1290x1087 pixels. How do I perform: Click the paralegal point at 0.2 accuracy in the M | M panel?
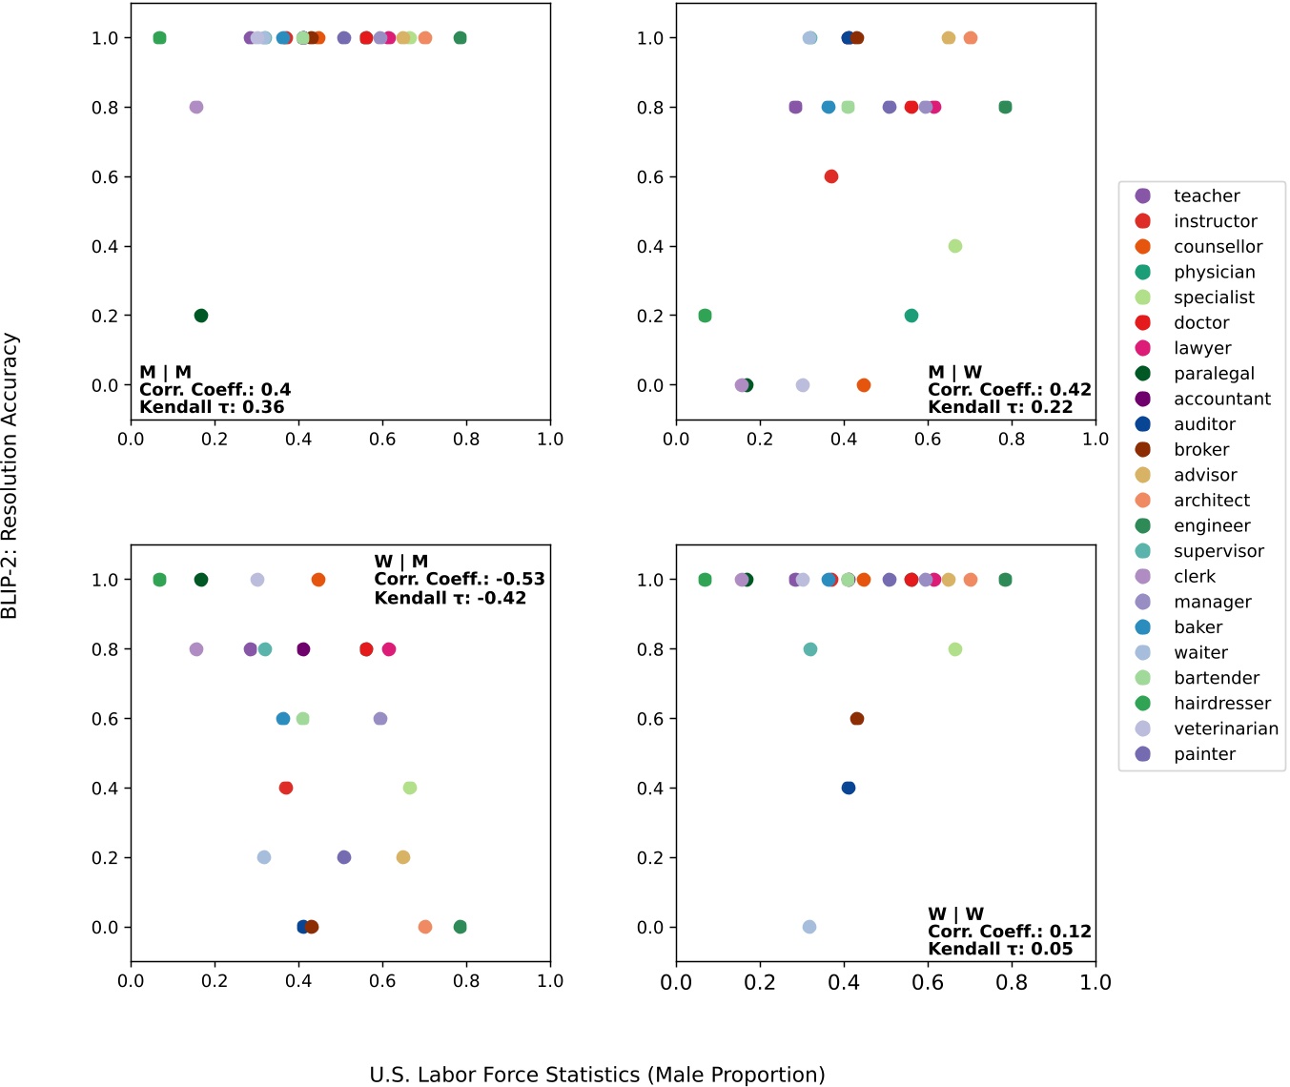[200, 316]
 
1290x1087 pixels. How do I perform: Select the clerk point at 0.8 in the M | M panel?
[196, 107]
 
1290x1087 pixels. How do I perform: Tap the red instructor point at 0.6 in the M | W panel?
[831, 176]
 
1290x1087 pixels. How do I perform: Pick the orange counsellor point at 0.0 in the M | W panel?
[864, 385]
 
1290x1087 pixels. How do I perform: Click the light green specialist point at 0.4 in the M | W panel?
[955, 246]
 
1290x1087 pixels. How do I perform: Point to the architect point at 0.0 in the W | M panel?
[425, 927]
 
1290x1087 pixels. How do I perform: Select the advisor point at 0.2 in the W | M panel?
[403, 857]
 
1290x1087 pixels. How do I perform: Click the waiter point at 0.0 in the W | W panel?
[809, 927]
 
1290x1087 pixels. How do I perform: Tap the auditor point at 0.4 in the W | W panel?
[849, 788]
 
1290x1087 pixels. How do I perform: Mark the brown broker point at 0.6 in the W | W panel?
[857, 719]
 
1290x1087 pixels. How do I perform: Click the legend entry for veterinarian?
[1225, 728]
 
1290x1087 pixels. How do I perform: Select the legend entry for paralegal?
[1214, 374]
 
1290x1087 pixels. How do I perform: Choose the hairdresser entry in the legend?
[1221, 704]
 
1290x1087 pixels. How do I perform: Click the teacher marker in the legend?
[1143, 195]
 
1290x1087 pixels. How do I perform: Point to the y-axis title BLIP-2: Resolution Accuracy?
[10, 475]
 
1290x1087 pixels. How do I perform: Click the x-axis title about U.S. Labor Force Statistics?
[597, 1075]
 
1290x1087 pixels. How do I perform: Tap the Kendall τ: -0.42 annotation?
[450, 598]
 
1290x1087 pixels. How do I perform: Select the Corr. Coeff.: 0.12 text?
[1009, 932]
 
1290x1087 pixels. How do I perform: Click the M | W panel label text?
[954, 372]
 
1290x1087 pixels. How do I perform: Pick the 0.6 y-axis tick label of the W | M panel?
[105, 719]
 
